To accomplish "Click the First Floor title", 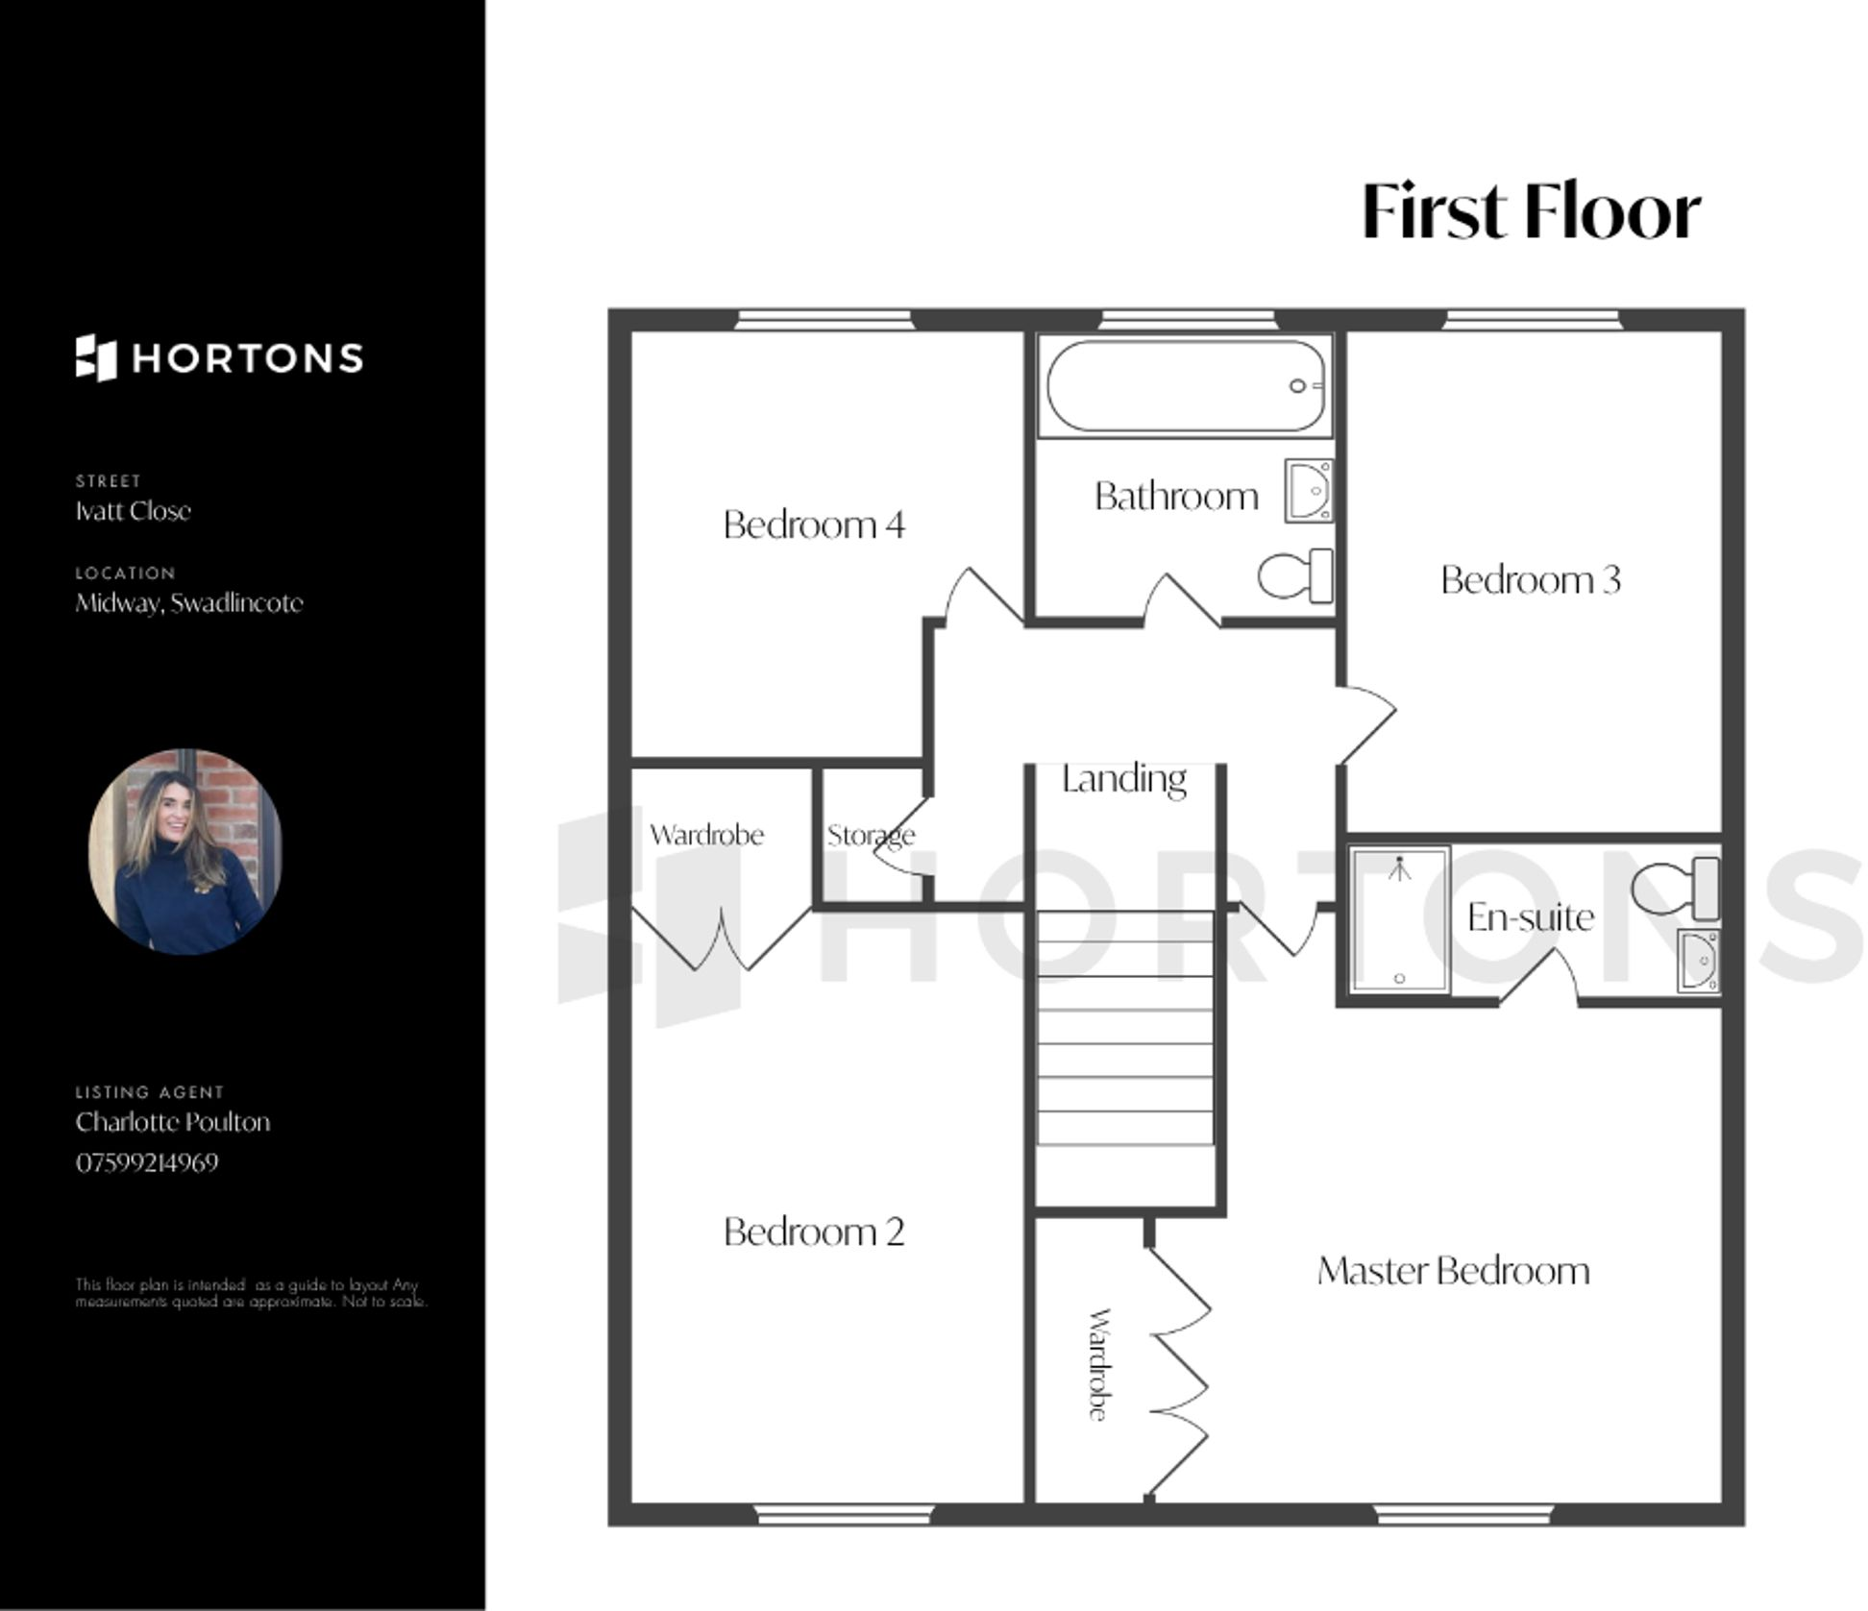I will point(1531,211).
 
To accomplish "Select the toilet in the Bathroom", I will point(1294,576).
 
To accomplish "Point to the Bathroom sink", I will point(1309,491).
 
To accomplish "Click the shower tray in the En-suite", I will point(1399,918).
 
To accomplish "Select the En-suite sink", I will point(1698,961).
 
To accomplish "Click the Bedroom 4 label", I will point(814,525).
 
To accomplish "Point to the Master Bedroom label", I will point(1453,1271).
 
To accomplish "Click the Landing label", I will point(1123,779).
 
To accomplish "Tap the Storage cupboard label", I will point(871,836).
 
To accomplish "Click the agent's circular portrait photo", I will point(185,852).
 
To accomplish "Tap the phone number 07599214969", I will point(147,1162).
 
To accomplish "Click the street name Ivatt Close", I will point(134,511).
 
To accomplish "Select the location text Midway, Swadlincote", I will point(189,603).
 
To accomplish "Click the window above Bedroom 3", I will point(1532,319).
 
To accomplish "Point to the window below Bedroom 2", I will point(844,1515).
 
